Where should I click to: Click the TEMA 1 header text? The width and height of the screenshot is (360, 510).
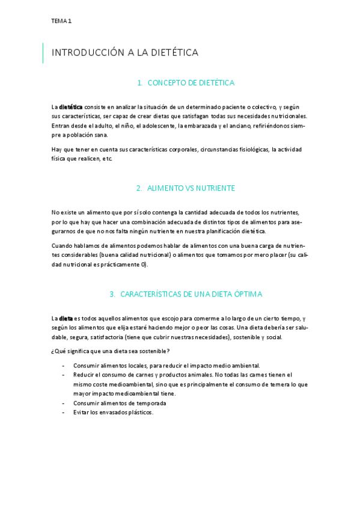coord(61,21)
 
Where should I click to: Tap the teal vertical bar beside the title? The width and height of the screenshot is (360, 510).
coord(43,53)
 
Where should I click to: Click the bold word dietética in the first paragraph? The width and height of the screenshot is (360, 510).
coord(71,106)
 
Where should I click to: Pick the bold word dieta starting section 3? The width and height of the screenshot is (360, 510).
coord(66,318)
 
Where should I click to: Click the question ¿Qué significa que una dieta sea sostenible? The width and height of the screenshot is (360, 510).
coord(111,351)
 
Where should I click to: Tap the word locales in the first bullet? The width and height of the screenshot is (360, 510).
coord(138,365)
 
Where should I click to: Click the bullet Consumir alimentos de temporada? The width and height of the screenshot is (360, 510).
coord(120,403)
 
